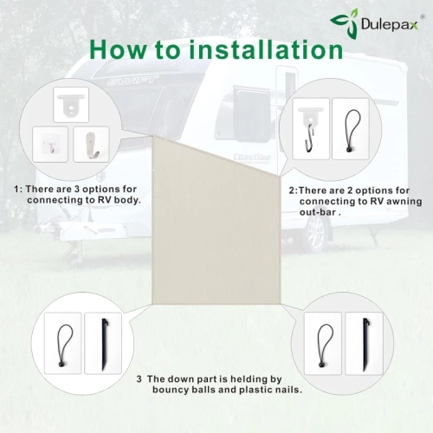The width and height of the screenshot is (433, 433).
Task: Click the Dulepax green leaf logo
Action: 345,23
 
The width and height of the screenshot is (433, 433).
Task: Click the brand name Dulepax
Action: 389,24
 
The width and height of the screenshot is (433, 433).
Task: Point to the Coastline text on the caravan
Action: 252,158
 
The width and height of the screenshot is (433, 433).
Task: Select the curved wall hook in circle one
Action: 92,145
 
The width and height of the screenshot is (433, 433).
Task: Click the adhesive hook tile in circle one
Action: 50,144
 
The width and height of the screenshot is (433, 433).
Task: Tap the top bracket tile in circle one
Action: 71,105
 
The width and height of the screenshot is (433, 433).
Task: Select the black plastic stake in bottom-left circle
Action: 104,344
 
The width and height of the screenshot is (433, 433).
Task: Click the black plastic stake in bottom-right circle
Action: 365,344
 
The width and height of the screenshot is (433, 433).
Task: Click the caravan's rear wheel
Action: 315,233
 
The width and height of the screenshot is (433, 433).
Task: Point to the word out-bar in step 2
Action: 318,212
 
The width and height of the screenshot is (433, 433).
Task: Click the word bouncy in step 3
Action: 170,391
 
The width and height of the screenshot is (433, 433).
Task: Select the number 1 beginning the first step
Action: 17,190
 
